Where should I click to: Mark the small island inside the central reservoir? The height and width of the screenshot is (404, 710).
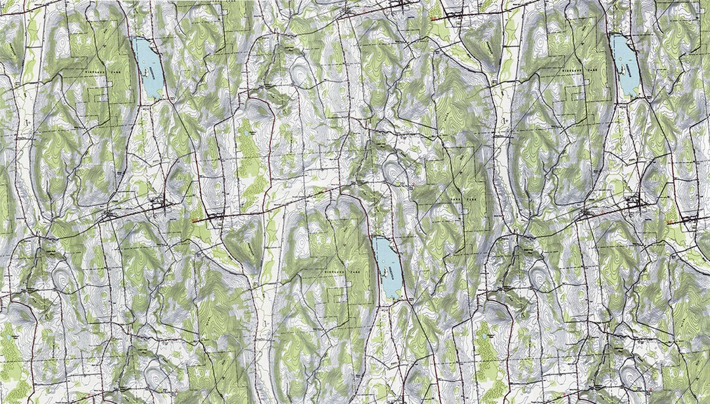coord(381,270)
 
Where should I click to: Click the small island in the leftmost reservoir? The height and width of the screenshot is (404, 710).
coord(143,70)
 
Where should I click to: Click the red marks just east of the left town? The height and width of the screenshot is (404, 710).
coord(196,220)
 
